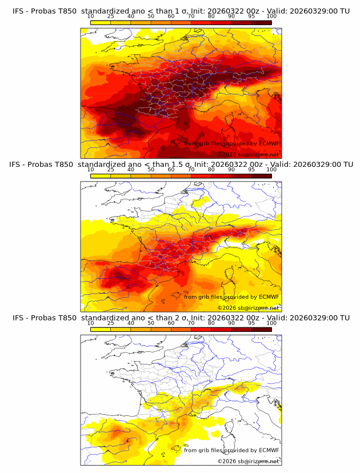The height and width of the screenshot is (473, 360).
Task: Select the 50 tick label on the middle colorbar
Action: (151, 170)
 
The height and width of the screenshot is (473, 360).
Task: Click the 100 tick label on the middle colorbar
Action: (271, 170)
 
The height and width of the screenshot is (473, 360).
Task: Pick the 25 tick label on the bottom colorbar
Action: (110, 323)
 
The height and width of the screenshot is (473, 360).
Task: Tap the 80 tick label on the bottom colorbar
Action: (211, 323)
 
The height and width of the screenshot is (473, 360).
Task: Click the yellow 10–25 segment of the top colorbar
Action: (101, 22)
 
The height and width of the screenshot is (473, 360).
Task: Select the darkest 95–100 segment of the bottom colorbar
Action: (261, 330)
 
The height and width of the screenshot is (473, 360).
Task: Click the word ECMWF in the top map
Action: (269, 143)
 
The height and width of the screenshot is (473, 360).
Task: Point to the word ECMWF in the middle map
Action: (269, 296)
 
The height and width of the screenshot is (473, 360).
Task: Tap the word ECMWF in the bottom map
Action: (269, 450)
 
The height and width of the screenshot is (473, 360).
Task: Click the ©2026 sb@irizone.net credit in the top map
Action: (248, 154)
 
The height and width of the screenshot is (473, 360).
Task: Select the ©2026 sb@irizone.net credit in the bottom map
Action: (248, 461)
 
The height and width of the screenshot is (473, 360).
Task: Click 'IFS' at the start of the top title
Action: (18, 11)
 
